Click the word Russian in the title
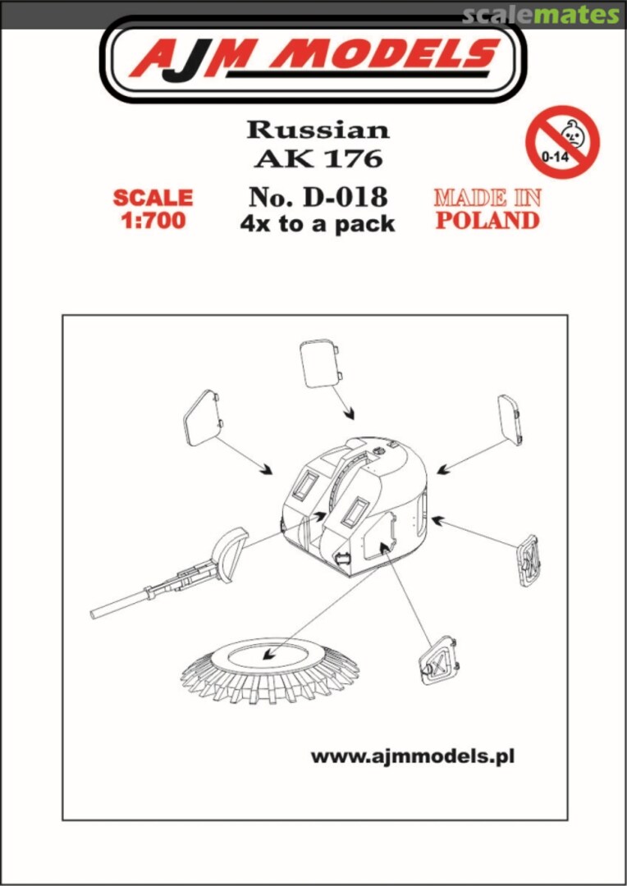click(x=318, y=130)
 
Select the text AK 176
click(x=318, y=158)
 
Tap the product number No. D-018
click(x=318, y=196)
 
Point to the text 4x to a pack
click(x=318, y=222)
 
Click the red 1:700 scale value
click(x=153, y=221)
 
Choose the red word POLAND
click(x=487, y=220)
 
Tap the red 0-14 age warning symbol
click(x=562, y=141)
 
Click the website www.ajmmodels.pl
click(x=412, y=756)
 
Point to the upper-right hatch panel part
click(x=510, y=419)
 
